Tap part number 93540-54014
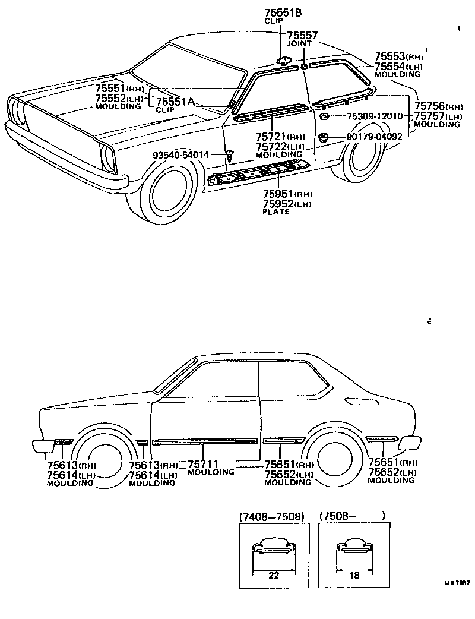tap(180, 155)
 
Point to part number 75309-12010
tap(374, 116)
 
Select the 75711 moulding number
tap(204, 464)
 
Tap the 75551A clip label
tap(175, 102)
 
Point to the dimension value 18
tap(354, 576)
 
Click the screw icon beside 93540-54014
tap(229, 155)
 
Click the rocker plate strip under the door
tap(261, 170)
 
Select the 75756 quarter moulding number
tap(430, 107)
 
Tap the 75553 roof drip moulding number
tap(390, 56)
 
